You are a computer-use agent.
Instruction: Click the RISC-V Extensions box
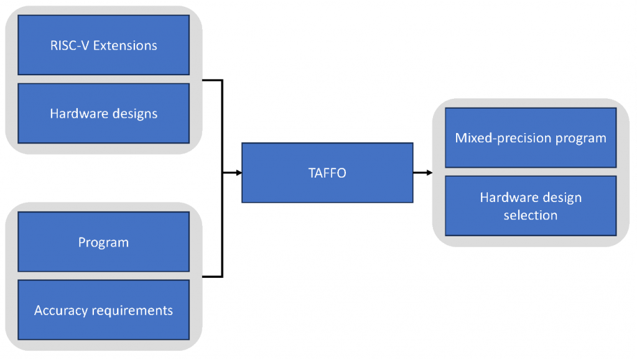103,45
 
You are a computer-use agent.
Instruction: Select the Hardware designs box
103,113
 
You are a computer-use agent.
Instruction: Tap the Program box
103,242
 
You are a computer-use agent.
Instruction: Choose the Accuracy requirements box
103,310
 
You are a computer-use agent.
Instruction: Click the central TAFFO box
327,173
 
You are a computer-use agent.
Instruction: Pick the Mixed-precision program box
531,137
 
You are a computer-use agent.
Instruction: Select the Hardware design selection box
531,206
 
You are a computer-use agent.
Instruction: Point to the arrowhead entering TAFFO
238,173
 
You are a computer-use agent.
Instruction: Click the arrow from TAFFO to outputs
422,173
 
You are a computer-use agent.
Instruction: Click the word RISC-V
69,45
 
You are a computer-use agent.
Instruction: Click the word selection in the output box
531,215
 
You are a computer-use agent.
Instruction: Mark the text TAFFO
327,173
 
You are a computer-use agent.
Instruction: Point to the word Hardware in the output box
504,198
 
